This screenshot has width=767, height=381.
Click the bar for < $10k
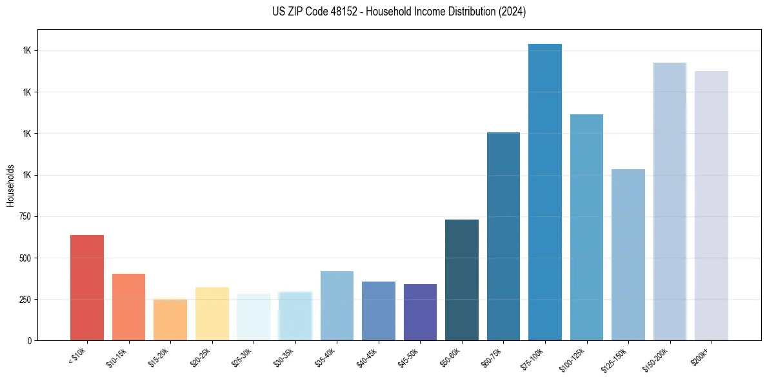point(87,287)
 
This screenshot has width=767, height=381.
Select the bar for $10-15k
point(128,307)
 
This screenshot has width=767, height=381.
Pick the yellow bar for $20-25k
point(212,313)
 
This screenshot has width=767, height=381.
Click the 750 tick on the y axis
point(25,216)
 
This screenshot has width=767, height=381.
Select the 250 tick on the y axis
point(25,300)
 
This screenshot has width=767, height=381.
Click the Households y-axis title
point(10,185)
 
